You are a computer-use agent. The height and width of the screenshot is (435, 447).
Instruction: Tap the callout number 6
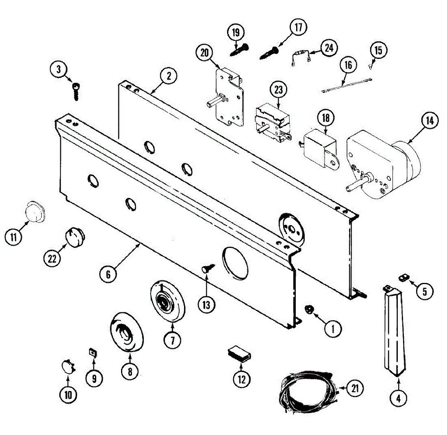[x=108, y=274]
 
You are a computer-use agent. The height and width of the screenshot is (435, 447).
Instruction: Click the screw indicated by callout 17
[x=270, y=52]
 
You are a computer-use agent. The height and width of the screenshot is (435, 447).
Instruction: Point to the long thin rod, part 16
[x=346, y=85]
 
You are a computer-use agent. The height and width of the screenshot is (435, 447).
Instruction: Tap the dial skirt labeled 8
[x=127, y=331]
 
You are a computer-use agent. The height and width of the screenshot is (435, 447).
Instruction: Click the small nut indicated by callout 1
[x=310, y=309]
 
